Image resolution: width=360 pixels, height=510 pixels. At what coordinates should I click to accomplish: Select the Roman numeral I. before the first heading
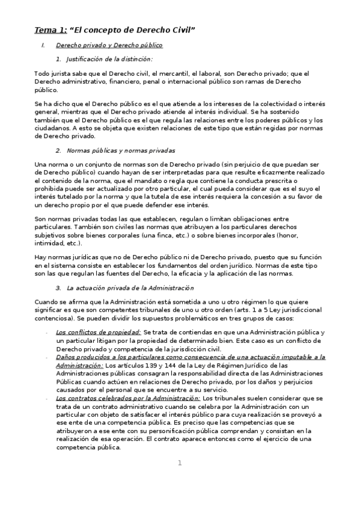click(43, 45)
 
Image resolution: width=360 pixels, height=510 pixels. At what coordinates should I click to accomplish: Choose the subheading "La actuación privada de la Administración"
click(130, 288)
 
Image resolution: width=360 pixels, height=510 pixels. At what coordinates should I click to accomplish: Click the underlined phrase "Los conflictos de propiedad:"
click(98, 332)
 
